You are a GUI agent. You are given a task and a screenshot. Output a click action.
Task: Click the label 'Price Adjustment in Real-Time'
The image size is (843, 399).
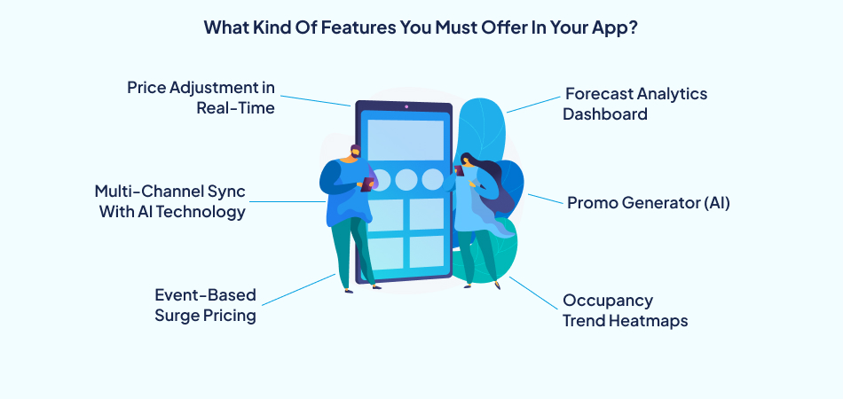201,98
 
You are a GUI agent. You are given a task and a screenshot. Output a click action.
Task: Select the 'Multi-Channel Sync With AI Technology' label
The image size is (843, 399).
170,201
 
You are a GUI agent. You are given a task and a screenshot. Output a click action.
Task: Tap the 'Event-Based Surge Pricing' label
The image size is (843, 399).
205,305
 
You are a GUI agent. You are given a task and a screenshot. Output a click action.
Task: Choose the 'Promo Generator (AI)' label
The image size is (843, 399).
648,202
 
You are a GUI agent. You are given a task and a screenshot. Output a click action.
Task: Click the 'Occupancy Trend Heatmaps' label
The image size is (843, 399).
625,310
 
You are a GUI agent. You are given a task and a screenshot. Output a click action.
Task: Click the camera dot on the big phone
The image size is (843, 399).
406,107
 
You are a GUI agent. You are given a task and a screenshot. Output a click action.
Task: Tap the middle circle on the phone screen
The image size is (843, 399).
406,179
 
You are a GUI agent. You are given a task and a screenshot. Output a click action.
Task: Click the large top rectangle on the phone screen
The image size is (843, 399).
406,139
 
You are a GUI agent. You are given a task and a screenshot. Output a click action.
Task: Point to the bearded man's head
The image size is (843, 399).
355,153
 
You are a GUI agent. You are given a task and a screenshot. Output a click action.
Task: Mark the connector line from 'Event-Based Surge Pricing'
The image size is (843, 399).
298,290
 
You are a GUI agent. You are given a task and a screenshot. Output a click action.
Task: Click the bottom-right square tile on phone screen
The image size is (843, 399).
426,252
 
